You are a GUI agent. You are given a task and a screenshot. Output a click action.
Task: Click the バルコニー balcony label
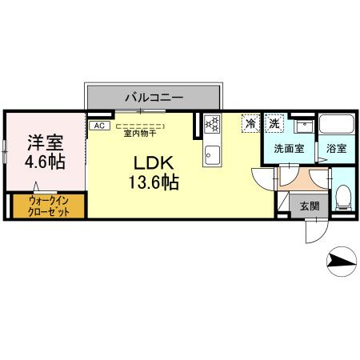tap(154, 98)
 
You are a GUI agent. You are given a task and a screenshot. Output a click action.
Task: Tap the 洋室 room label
tap(46, 143)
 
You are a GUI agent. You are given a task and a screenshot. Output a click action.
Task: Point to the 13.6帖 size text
tap(150, 182)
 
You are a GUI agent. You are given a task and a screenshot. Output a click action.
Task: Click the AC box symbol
tap(99, 126)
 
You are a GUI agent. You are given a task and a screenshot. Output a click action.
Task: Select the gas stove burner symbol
tap(213, 124)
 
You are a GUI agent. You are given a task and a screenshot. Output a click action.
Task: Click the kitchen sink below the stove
tap(212, 154)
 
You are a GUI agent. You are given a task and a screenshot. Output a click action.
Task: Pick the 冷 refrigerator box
tap(251, 124)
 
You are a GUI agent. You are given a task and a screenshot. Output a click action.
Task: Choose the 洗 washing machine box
tap(274, 124)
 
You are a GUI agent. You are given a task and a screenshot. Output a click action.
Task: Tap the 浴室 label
tap(337, 149)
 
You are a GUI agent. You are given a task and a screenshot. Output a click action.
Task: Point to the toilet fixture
tap(342, 194)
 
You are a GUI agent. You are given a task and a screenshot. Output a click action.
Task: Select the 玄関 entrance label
tap(310, 206)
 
